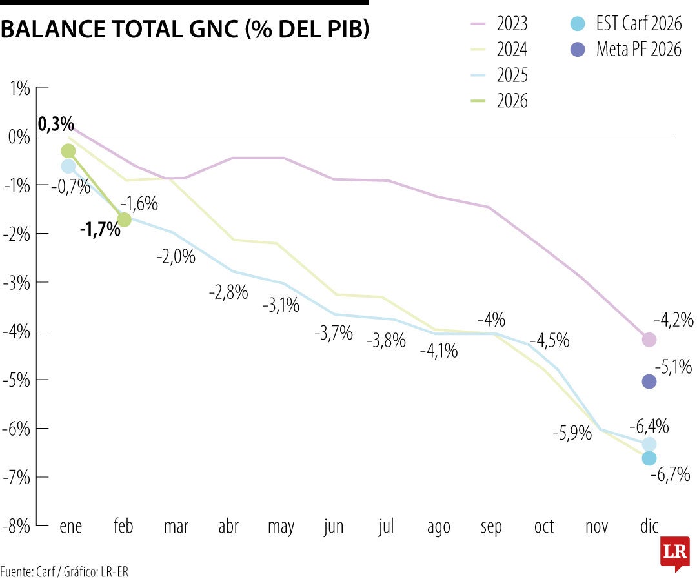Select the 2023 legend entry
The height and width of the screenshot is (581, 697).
coord(499,25)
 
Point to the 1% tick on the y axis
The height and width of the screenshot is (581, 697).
coord(20,88)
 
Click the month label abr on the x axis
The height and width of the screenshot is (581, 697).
coord(228,527)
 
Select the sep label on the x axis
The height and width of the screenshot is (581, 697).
coord(491,527)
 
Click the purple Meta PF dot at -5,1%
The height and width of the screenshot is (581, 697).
coord(649,382)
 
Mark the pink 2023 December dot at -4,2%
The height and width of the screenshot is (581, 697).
coord(649,340)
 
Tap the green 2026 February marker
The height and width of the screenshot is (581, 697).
coord(124,219)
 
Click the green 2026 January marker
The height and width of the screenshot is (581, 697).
coord(68,151)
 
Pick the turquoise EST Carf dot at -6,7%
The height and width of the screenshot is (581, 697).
coord(649,458)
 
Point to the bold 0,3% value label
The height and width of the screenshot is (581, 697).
coord(56,125)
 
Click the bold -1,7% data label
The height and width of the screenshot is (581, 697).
coord(100,229)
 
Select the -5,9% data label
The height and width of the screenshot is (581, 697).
coord(572,434)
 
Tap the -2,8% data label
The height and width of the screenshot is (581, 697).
coord(228,292)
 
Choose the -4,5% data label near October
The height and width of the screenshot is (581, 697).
coord(549,341)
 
